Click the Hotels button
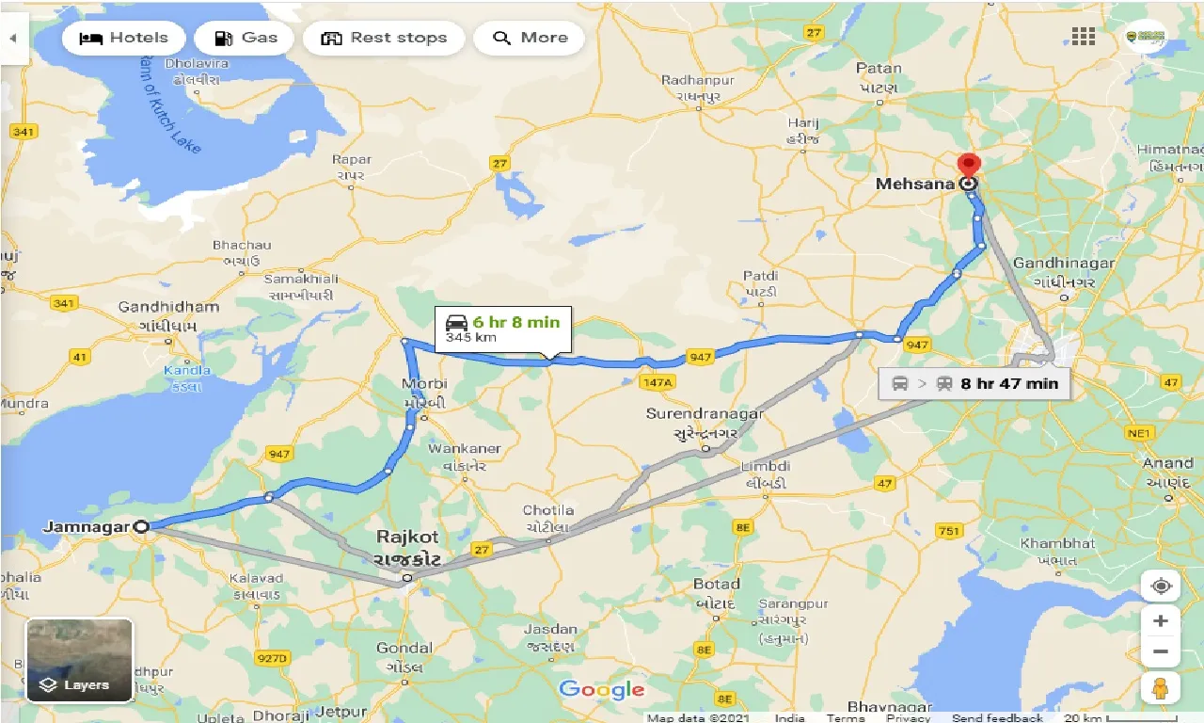pyautogui.click(x=123, y=39)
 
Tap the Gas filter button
pyautogui.click(x=245, y=39)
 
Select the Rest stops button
pyautogui.click(x=384, y=39)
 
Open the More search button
pyautogui.click(x=530, y=39)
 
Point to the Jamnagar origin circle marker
pyautogui.click(x=141, y=527)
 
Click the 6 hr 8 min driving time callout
pyautogui.click(x=503, y=329)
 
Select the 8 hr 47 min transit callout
pyautogui.click(x=974, y=384)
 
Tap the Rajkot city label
pyautogui.click(x=407, y=538)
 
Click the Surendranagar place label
pyautogui.click(x=705, y=414)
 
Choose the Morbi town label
pyautogui.click(x=424, y=384)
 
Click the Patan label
pyautogui.click(x=879, y=68)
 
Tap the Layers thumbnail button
pyautogui.click(x=79, y=661)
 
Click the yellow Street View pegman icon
pyautogui.click(x=1161, y=688)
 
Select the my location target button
pyautogui.click(x=1161, y=586)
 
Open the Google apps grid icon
pyautogui.click(x=1083, y=37)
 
